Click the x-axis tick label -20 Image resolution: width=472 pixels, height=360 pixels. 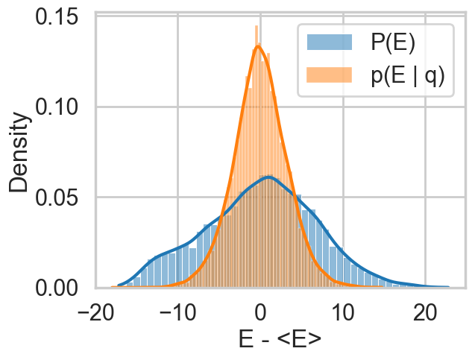[x=95, y=311]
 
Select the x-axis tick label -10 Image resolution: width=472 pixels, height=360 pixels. [x=177, y=311]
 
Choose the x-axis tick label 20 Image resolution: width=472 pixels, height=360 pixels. [x=426, y=311]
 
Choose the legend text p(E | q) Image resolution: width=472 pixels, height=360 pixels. [x=407, y=76]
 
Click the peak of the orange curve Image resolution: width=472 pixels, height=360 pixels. [x=259, y=46]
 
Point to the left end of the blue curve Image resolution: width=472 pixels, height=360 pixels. [x=119, y=285]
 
